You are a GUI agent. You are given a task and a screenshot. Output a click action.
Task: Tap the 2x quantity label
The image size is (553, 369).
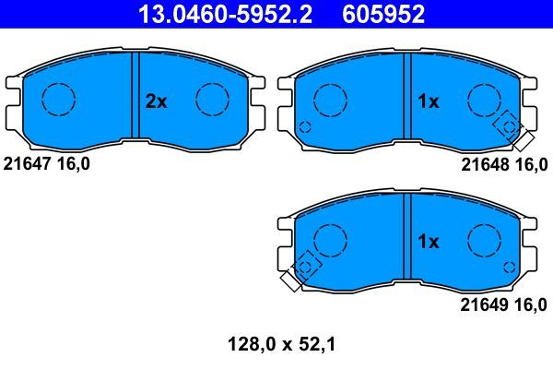pyautogui.click(x=156, y=102)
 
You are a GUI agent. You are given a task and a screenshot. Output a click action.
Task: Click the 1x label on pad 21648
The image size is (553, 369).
pyautogui.click(x=428, y=102)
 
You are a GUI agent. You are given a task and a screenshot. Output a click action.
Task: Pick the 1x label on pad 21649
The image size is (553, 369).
pyautogui.click(x=428, y=243)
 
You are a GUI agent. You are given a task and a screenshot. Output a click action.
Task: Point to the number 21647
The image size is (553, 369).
pyautogui.click(x=29, y=163)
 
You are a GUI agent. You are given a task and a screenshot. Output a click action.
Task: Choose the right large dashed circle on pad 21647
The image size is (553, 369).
pyautogui.click(x=213, y=99)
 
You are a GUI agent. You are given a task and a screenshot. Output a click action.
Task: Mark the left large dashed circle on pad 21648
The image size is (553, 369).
pyautogui.click(x=330, y=99)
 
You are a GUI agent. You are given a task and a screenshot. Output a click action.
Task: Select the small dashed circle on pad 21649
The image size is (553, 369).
pyautogui.click(x=508, y=267)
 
